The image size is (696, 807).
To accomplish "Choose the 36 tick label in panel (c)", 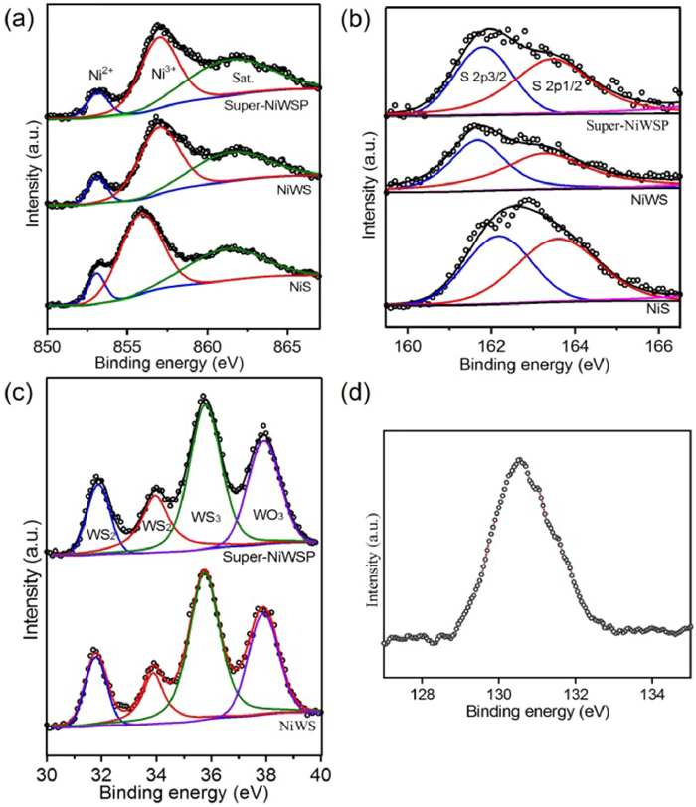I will pyautogui.click(x=211, y=771).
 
